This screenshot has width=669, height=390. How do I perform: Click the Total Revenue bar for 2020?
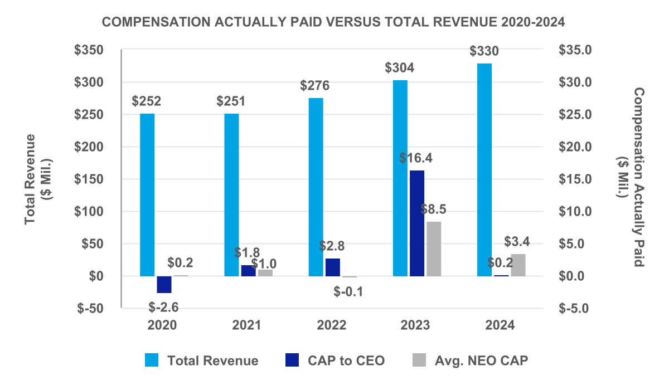147,195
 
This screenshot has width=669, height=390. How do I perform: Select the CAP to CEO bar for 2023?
416,223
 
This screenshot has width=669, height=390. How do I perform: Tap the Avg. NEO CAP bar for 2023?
434,248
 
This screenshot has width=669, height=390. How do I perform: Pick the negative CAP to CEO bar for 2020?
164,284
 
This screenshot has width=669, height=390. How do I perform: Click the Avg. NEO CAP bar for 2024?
518,265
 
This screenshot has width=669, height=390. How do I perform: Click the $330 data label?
484,51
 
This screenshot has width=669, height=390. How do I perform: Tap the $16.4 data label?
416,158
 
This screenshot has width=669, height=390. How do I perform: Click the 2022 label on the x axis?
332,325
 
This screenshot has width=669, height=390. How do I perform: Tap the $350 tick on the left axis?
93,50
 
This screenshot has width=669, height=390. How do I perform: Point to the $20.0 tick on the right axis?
576,147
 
